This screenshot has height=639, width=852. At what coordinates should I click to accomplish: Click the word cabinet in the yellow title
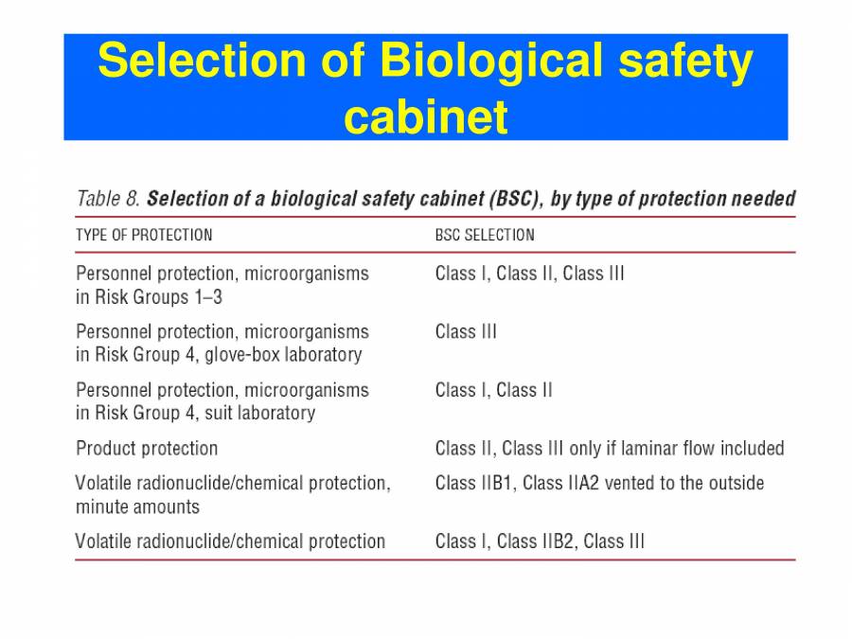tap(426, 117)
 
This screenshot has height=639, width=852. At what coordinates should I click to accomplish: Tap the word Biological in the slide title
tap(490, 62)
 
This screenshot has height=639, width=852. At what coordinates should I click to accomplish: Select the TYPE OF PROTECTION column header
tap(144, 235)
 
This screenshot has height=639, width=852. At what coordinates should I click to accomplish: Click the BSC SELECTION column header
tap(485, 235)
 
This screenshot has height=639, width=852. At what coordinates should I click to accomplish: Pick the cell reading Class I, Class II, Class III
tap(529, 274)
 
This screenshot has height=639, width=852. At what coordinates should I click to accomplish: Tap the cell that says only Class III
tap(466, 331)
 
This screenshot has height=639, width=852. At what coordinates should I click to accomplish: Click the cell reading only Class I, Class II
tap(493, 390)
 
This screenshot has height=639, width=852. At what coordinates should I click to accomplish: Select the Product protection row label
tap(147, 448)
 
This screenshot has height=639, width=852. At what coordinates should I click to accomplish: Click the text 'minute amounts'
tap(137, 506)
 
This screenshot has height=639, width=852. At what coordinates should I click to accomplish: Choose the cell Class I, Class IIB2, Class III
tap(540, 541)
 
